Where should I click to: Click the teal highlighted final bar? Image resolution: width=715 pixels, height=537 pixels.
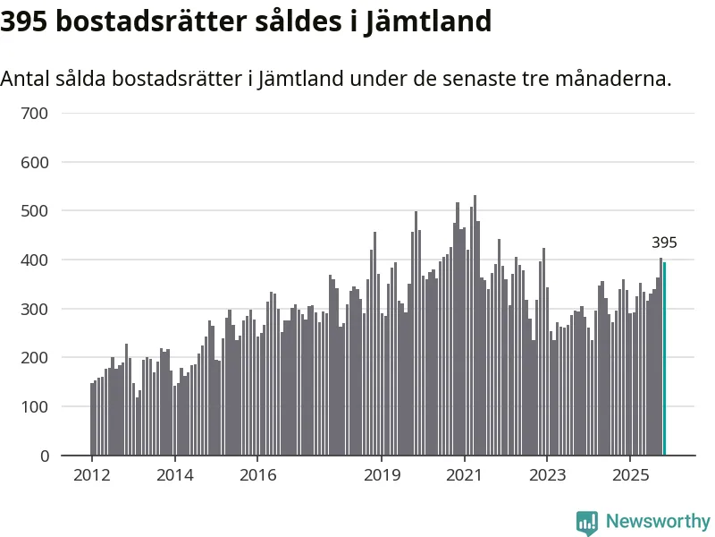664,358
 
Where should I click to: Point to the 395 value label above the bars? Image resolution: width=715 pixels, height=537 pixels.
664,243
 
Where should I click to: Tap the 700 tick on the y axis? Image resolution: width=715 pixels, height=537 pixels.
35,114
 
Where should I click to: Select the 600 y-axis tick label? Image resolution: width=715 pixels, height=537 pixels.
35,163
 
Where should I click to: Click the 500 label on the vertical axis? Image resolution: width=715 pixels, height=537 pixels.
35,211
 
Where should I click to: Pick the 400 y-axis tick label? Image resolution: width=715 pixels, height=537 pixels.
35,260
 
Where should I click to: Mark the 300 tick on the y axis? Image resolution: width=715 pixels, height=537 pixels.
35,309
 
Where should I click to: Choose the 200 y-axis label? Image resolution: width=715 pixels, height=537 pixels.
35,358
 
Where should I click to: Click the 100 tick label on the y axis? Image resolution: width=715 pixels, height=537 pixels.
35,406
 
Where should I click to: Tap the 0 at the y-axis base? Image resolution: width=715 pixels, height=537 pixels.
45,456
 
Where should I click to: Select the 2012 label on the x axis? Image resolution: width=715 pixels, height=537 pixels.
92,474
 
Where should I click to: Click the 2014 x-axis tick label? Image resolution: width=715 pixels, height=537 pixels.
174,474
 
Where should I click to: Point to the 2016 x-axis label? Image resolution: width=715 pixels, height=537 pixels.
257,474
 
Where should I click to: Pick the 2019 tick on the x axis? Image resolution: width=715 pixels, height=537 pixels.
382,474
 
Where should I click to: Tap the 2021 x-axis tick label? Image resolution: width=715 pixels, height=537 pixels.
465,474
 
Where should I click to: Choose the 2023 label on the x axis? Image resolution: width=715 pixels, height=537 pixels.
547,474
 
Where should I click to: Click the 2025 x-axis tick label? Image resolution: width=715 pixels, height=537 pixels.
630,474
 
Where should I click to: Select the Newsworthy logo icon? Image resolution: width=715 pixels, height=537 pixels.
587,523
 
